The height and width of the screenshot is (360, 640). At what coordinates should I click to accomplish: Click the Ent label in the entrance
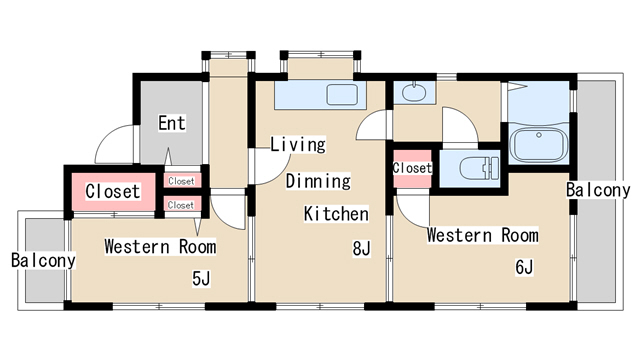click(172, 123)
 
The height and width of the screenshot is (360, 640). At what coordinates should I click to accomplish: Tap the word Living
click(298, 144)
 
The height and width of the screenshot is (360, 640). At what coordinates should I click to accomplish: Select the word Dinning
click(318, 181)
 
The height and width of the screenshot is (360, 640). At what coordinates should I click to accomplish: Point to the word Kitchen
click(336, 214)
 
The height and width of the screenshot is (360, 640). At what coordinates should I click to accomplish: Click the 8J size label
click(362, 248)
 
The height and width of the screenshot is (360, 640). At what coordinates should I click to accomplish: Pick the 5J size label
click(201, 279)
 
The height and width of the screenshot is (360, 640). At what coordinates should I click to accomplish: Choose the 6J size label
click(524, 267)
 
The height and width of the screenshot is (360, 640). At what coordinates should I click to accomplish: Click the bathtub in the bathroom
click(539, 145)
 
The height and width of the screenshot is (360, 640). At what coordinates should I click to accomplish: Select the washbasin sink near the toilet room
click(414, 92)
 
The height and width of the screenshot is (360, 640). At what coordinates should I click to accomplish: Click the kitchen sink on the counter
click(342, 95)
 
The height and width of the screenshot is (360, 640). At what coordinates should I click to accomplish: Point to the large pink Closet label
click(113, 191)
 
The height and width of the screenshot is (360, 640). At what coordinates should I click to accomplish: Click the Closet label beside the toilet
click(412, 168)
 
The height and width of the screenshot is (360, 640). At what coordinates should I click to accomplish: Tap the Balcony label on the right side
click(598, 190)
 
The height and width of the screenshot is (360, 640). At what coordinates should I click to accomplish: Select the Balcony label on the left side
click(43, 260)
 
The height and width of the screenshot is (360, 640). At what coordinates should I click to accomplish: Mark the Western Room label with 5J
click(160, 247)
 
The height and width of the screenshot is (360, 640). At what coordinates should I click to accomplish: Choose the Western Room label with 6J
click(482, 236)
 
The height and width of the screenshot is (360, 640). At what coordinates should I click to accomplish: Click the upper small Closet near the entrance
click(181, 181)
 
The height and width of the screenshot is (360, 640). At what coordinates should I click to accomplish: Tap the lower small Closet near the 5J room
click(181, 205)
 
